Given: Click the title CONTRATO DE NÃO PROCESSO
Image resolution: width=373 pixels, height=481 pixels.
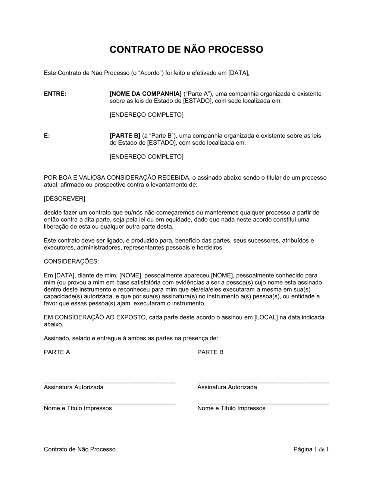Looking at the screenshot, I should tap(186, 50).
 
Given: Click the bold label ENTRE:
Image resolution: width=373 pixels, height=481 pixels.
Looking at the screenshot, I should tap(55, 94).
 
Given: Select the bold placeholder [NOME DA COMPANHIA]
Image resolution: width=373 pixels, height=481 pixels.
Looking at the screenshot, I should tap(145, 94).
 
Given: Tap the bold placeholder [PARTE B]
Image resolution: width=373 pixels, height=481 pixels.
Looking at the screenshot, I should tap(125, 136).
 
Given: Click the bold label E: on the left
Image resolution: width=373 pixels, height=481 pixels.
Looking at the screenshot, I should tap(47, 136).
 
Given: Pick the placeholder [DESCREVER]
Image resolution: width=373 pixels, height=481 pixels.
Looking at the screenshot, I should tap(65, 199).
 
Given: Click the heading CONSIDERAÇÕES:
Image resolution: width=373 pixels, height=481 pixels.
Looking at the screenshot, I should tap(71, 262).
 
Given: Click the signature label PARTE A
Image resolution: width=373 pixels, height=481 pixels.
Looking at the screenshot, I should tap(57, 352).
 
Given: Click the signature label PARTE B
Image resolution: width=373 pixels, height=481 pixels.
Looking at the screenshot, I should tap(210, 352).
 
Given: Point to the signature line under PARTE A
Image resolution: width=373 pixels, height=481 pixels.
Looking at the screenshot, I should tap(110, 383).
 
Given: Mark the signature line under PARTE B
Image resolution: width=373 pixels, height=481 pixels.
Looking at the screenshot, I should tap(263, 383).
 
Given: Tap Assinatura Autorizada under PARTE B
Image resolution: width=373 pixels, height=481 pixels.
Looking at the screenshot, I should tap(227, 387).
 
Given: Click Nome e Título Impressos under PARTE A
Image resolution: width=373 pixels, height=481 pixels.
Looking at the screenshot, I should tap(78, 408).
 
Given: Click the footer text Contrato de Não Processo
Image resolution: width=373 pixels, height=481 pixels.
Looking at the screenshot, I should tap(79, 449).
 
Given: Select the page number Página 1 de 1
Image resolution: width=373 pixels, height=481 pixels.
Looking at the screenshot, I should tap(311, 449).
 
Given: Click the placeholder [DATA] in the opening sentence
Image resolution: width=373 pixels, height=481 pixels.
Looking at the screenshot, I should tap(238, 73).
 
